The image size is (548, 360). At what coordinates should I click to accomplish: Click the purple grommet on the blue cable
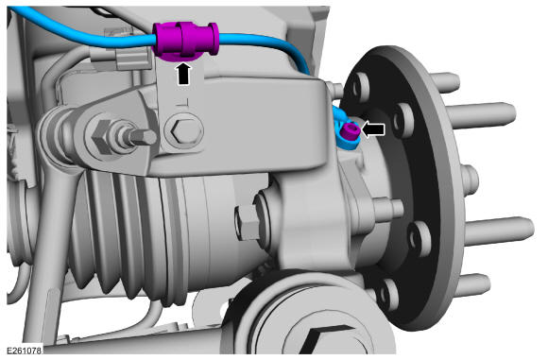point(185,41)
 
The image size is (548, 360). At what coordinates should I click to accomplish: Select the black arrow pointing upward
point(184,74)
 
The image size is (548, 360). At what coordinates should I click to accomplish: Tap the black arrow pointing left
point(373,129)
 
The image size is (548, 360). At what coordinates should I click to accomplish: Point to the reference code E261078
point(25,350)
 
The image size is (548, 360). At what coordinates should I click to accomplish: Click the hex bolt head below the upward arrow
point(184,131)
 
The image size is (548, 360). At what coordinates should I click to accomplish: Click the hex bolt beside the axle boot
point(248,223)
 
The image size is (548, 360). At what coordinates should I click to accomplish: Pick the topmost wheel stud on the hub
point(445,82)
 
